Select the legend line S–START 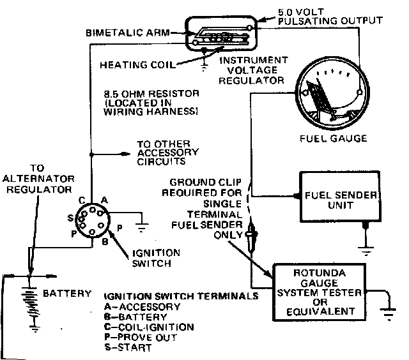[127, 348]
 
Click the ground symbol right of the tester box [387, 312]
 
